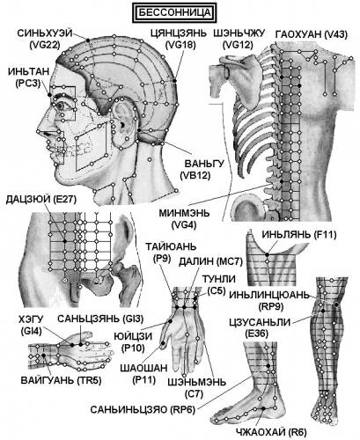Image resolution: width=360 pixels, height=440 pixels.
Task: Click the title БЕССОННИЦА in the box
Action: (x=174, y=12)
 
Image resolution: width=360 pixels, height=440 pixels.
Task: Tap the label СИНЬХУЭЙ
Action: (x=45, y=33)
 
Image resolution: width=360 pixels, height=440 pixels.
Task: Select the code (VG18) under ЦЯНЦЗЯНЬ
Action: (x=180, y=45)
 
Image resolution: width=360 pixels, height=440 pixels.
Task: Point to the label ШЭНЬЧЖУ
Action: (x=239, y=33)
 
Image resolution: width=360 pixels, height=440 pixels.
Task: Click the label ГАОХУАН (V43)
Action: (x=312, y=34)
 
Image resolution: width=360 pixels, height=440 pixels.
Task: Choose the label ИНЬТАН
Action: (x=28, y=71)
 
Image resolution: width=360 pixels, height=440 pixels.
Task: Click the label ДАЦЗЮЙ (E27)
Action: (x=41, y=200)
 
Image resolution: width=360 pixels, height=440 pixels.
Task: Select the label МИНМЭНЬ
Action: (x=184, y=212)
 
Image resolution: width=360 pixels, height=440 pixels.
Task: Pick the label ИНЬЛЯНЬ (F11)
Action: (x=299, y=235)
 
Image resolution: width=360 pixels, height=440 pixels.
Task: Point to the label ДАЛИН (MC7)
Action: (x=210, y=261)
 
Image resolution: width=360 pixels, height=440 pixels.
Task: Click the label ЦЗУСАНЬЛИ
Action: (x=260, y=322)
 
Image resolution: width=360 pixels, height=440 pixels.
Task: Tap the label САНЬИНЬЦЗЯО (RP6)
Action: (x=143, y=410)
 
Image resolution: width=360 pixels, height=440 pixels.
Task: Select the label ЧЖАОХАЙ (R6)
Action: (x=271, y=432)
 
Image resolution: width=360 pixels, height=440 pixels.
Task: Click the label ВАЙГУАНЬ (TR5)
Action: (x=61, y=380)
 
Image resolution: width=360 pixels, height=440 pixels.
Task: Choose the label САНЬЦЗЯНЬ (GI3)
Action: (x=100, y=319)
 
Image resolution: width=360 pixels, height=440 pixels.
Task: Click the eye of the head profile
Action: (x=61, y=106)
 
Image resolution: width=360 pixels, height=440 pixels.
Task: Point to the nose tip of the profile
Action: (x=39, y=131)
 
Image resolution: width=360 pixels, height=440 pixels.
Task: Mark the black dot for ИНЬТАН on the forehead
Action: (x=49, y=95)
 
